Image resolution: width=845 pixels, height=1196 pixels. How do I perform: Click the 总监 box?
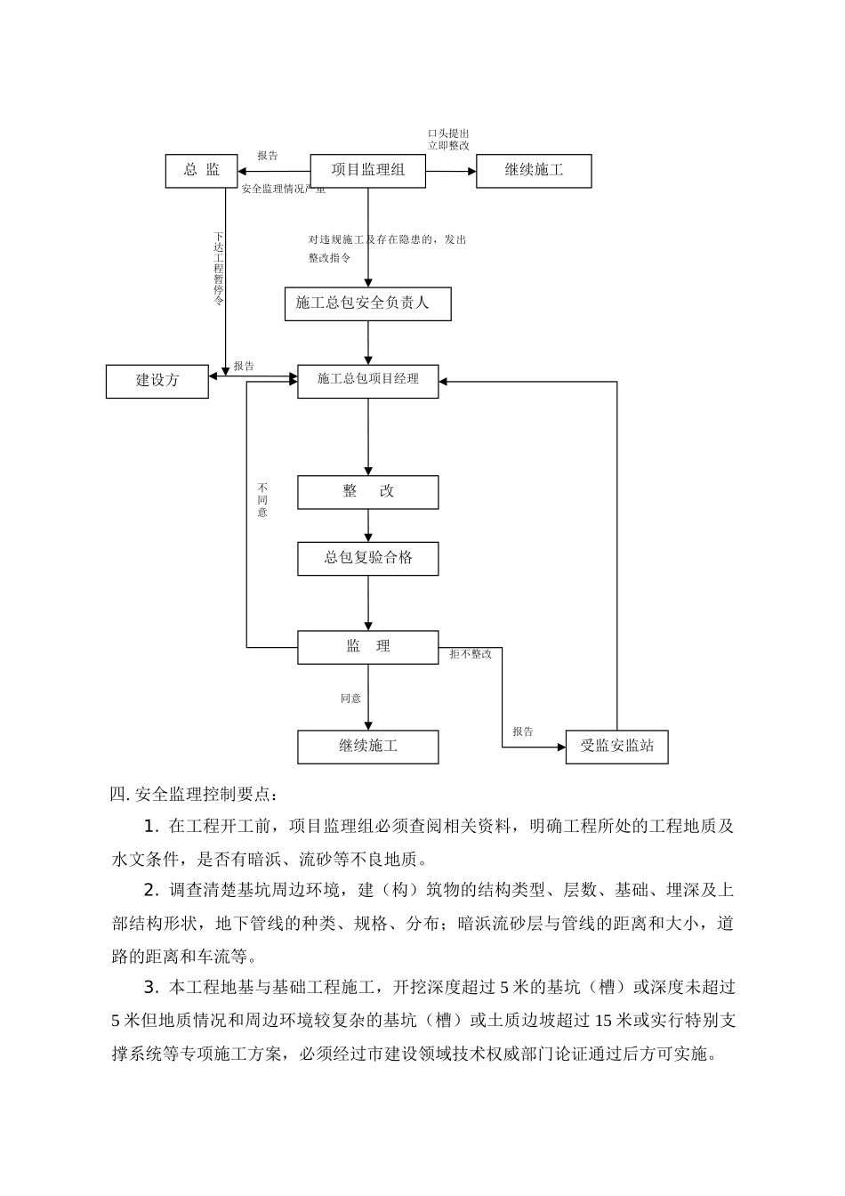(x=201, y=171)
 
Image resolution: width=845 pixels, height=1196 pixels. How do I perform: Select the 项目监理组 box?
(x=367, y=171)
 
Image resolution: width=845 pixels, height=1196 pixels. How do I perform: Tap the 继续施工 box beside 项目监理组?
(x=534, y=171)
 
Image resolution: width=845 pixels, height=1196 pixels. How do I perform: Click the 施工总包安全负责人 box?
(x=367, y=303)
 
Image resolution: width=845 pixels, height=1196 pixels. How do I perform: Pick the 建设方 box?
(x=157, y=381)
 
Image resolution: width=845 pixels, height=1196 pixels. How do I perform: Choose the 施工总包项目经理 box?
(x=367, y=381)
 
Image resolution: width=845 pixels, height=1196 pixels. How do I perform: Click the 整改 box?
(x=367, y=492)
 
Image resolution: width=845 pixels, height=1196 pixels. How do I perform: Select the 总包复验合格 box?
(x=367, y=559)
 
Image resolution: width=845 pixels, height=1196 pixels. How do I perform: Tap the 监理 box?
(x=367, y=647)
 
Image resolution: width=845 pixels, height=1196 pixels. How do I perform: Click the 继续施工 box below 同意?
(x=367, y=747)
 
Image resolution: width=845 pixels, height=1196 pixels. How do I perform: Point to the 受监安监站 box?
(x=616, y=747)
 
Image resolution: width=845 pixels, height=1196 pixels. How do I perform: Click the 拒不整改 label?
(x=471, y=654)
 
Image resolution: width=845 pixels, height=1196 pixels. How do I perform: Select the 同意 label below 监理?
(x=350, y=699)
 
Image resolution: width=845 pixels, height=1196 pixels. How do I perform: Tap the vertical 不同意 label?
(x=262, y=500)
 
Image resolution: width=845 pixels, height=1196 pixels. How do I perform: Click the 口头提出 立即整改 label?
(x=449, y=139)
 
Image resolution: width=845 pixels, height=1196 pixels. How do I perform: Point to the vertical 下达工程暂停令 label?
(x=219, y=269)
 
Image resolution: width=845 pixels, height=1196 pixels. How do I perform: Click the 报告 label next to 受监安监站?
(x=523, y=731)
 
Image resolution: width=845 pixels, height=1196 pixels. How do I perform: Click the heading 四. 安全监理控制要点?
(x=194, y=794)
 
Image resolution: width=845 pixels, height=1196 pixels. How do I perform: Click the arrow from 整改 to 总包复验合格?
(x=368, y=525)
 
